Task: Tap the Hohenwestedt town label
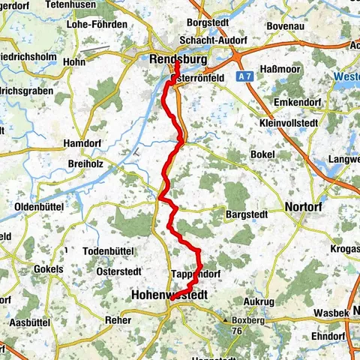(x=169, y=295)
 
